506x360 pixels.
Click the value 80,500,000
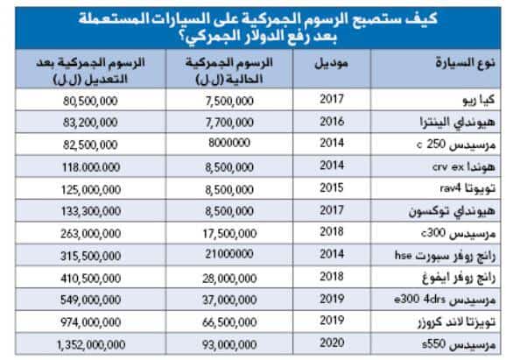click(90, 101)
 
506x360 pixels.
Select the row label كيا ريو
click(479, 100)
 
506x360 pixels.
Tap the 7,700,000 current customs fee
click(229, 123)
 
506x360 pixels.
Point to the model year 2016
click(332, 122)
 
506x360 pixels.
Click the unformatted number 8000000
click(229, 143)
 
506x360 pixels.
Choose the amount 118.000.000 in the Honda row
click(91, 167)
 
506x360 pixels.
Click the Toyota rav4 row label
click(467, 188)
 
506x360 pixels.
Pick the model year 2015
click(332, 187)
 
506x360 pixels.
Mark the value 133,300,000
click(91, 211)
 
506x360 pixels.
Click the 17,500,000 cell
click(229, 234)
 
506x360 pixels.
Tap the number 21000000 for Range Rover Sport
click(229, 254)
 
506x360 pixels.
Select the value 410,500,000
click(91, 278)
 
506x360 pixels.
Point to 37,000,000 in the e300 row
click(229, 300)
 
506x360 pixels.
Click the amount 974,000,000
click(91, 322)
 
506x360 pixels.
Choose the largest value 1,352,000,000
click(91, 345)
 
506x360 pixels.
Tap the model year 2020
click(332, 342)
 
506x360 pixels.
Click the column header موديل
click(332, 63)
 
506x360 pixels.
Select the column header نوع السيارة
click(466, 62)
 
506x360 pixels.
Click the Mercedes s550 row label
click(459, 345)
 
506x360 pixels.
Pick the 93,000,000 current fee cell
click(229, 345)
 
